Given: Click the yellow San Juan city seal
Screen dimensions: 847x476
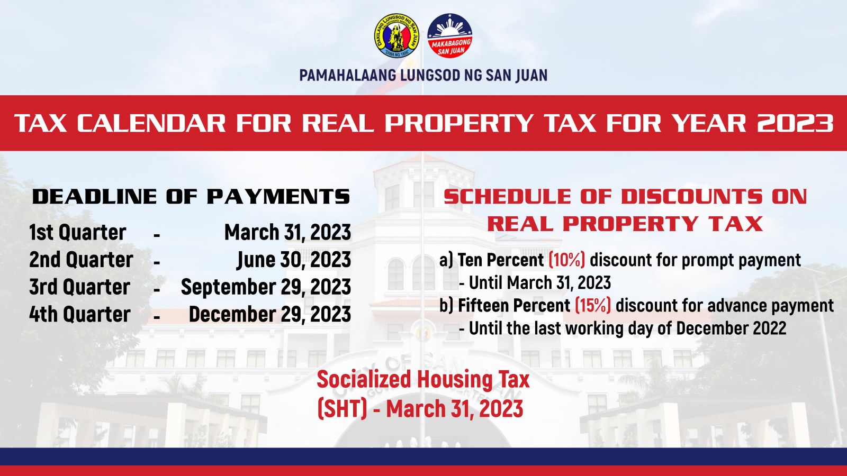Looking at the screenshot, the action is [397, 36].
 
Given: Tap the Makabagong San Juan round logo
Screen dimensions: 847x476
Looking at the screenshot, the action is [449, 36].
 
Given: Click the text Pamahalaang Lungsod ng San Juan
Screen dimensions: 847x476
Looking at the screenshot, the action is [424, 75].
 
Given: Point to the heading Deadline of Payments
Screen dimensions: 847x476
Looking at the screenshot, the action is [191, 197].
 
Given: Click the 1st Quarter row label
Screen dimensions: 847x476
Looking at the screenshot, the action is [77, 232].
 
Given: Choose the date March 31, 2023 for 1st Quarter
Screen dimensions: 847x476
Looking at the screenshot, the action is [288, 232].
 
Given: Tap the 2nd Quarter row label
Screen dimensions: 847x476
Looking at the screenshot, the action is [82, 260].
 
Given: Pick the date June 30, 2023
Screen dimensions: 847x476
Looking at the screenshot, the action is [294, 260].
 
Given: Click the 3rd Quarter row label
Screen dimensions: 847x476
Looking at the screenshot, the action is [80, 287].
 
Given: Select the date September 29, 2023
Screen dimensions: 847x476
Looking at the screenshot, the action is [266, 287].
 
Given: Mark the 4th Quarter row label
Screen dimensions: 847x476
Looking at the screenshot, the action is [80, 314].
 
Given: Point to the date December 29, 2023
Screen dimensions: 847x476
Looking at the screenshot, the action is [270, 314].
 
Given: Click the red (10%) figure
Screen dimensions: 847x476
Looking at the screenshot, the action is [567, 260].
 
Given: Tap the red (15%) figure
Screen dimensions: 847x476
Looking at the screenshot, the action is [593, 305].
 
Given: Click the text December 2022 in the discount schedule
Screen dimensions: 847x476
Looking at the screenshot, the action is [731, 328].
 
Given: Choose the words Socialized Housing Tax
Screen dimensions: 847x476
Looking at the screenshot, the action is [423, 379].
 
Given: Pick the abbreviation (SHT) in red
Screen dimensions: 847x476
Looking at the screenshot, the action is [342, 408].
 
